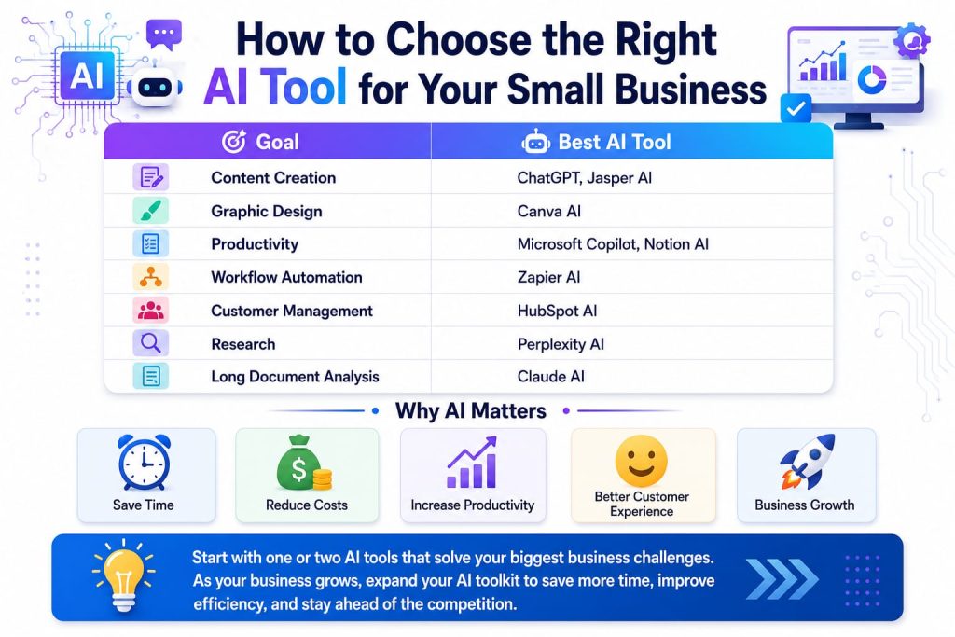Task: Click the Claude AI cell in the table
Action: click(x=550, y=377)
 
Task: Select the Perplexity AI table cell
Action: click(x=561, y=344)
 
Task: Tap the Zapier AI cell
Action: click(x=548, y=277)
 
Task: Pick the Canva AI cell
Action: click(x=548, y=212)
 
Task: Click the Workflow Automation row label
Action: click(x=286, y=277)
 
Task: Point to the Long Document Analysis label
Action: click(x=295, y=377)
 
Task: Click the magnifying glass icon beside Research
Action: click(x=150, y=343)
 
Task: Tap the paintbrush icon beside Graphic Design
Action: click(x=150, y=211)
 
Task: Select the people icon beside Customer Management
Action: click(x=150, y=310)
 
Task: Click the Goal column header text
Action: click(x=277, y=142)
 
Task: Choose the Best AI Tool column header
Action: click(x=615, y=142)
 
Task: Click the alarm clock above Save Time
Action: click(x=144, y=463)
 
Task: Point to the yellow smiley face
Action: click(x=642, y=461)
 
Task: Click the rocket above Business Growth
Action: click(x=807, y=461)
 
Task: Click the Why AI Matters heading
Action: click(x=471, y=411)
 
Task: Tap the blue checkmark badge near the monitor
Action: click(x=796, y=108)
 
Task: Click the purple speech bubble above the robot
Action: click(x=164, y=35)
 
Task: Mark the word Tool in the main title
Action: click(x=303, y=87)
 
